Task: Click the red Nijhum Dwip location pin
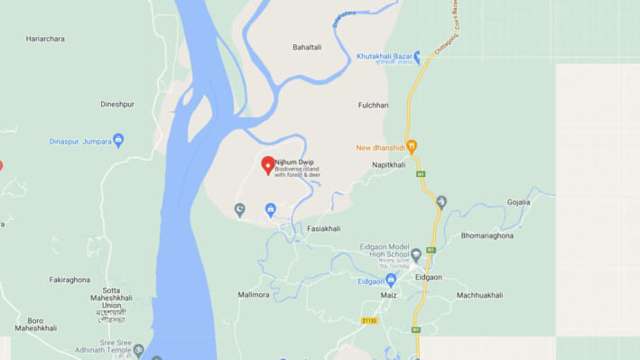268,165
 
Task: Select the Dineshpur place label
116,105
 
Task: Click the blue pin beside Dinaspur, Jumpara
118,141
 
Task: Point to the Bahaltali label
307,47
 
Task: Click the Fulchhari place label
373,106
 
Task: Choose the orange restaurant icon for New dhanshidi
412,146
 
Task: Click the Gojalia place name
519,203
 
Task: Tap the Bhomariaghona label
487,235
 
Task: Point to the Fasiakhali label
323,229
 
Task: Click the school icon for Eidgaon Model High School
416,255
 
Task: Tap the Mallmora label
254,295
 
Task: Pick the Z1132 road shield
369,320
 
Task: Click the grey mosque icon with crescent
239,210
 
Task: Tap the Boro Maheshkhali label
35,324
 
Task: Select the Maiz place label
389,295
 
